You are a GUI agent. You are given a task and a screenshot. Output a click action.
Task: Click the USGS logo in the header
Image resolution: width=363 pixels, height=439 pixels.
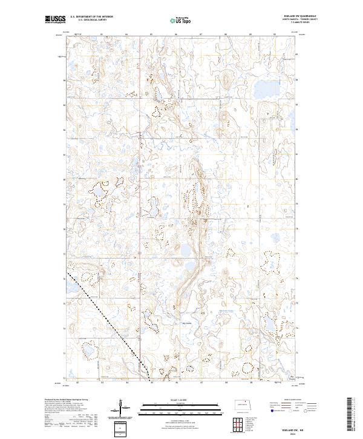click(55, 21)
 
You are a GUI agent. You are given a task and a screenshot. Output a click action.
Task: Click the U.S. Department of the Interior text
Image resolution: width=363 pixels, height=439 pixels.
click(91, 17)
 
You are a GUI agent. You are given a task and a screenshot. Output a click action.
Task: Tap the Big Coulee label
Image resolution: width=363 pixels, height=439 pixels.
click(188, 322)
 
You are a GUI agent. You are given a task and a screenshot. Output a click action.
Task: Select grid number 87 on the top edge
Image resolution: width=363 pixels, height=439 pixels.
click(200, 35)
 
